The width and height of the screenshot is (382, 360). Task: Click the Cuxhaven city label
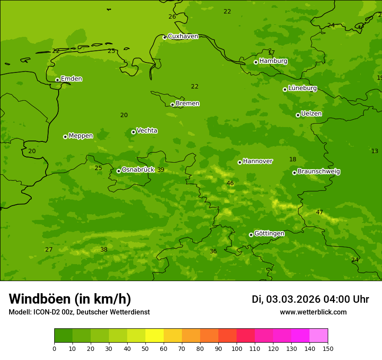[183, 36]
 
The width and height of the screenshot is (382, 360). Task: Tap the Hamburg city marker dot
[256, 62]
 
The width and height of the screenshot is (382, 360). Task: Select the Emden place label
[71, 79]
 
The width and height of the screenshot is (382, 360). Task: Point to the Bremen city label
[188, 104]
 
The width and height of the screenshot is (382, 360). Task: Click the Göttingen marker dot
[251, 235]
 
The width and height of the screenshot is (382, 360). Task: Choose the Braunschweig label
[319, 172]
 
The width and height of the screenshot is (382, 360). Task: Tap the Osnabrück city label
[138, 170]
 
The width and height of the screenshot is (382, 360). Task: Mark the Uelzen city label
[311, 114]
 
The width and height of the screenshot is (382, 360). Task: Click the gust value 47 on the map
[319, 213]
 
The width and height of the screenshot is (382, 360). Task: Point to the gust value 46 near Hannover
[230, 183]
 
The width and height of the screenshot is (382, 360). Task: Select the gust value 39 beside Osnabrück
[161, 170]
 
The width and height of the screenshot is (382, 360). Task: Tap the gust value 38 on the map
[104, 250]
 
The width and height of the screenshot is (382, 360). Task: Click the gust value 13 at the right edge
[375, 151]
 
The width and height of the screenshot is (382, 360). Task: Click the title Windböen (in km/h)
[70, 299]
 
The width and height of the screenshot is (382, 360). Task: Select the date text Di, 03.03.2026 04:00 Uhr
[310, 299]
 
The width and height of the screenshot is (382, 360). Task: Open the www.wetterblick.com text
[313, 312]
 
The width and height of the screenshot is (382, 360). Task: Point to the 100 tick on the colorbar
[237, 348]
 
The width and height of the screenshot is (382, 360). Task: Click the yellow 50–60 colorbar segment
[155, 335]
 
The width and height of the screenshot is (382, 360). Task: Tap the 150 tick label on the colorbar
[328, 348]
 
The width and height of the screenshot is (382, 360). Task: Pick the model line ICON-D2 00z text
[79, 312]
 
